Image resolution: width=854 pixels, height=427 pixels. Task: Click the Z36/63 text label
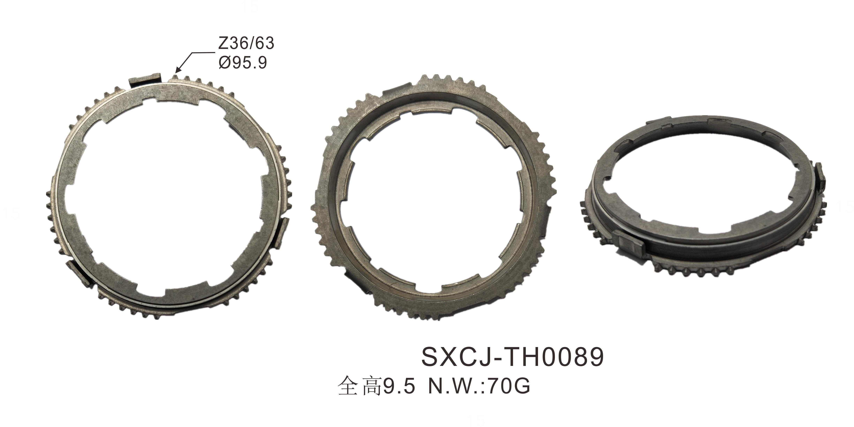pyautogui.click(x=246, y=43)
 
